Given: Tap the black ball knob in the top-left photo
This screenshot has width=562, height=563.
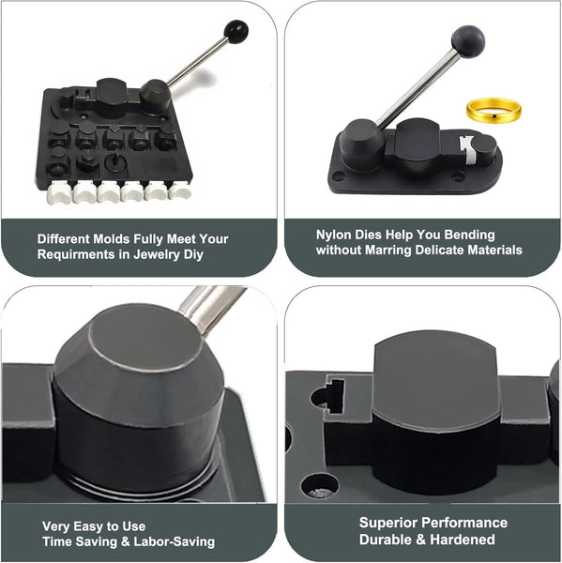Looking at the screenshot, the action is tap(235, 32).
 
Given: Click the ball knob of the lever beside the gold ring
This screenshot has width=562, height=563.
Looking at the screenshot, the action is tap(468, 41).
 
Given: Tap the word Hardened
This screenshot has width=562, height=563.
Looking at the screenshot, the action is tap(463, 539).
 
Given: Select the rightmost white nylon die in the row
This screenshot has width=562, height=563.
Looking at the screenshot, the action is tap(179, 190).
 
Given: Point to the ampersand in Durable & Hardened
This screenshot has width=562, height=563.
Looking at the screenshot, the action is tap(422, 540).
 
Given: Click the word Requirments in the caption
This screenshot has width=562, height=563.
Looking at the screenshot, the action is tap(76, 254).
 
